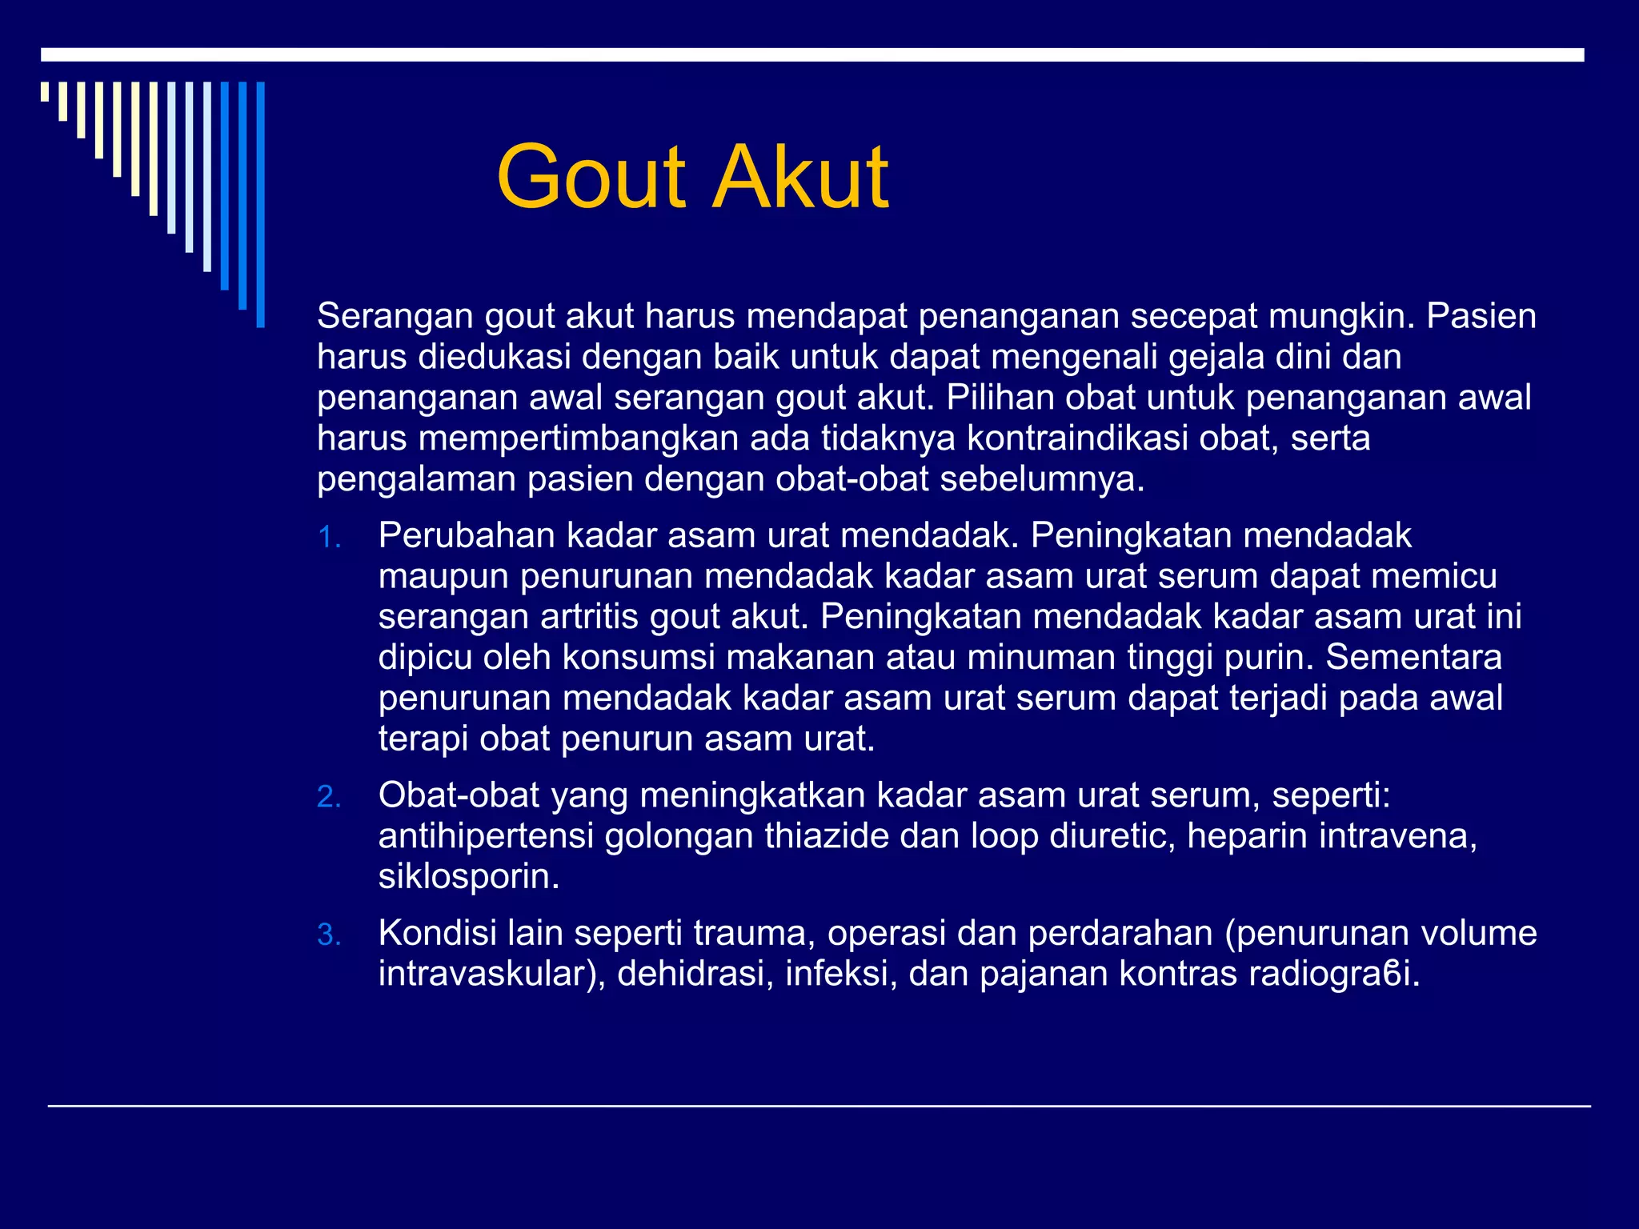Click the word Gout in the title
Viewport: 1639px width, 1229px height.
point(591,178)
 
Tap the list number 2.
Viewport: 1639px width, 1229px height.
point(329,798)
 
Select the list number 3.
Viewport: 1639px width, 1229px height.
point(329,935)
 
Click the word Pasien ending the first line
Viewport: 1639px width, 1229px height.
point(1481,317)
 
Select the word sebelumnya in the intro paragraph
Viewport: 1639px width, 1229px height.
point(1041,479)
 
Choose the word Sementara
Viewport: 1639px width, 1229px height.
point(1413,658)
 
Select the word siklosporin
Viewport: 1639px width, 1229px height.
point(468,878)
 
